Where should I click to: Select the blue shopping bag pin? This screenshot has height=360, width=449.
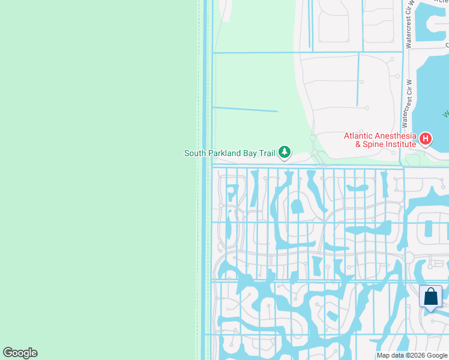point(430,297)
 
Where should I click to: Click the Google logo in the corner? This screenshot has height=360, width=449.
point(20,353)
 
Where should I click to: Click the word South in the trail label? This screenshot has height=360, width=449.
point(194,153)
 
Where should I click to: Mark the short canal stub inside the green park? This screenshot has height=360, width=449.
point(245,109)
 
